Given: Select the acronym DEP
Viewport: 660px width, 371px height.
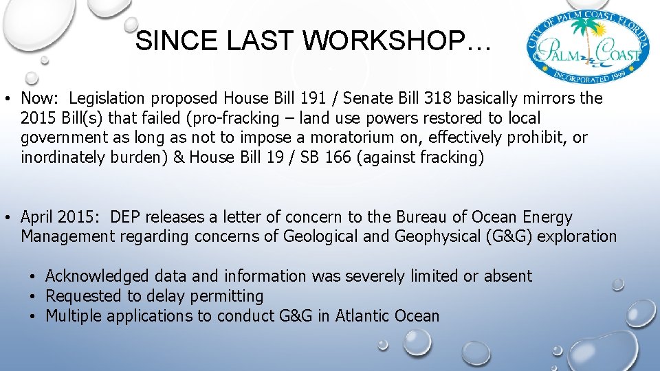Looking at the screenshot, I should [x=124, y=217].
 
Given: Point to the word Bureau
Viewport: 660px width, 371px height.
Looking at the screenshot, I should [x=421, y=217].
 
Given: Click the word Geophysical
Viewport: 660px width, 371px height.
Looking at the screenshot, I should [x=440, y=236].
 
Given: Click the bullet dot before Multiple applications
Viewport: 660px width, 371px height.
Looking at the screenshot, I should [x=33, y=317].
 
